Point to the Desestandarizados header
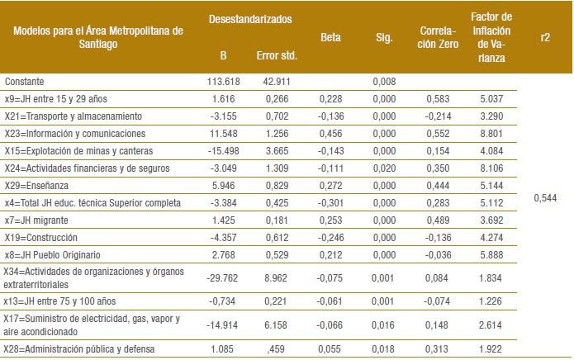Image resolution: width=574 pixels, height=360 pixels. coord(249,17)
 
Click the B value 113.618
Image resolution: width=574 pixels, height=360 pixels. coord(223,81)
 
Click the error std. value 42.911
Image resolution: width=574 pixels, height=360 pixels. coord(278,81)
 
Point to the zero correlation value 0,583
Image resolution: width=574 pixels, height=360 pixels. coord(439,97)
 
